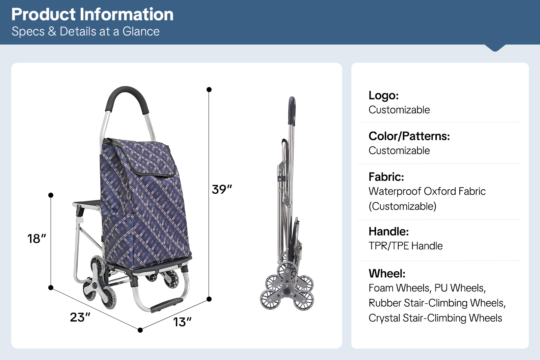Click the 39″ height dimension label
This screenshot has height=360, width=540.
coord(222,189)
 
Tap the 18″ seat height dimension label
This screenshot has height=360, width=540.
coord(37,239)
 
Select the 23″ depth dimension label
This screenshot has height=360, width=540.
coord(80,317)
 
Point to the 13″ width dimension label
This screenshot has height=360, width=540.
coord(182,322)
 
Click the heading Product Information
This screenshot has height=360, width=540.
coord(92,14)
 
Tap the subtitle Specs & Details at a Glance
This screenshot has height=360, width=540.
coord(86,31)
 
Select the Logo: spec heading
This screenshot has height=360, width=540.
coord(383,95)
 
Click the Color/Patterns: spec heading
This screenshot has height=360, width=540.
coord(409,136)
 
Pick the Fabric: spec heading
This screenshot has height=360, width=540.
coord(386,177)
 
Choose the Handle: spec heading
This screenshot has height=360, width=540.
coord(388,231)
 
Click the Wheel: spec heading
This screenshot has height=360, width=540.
coord(387,273)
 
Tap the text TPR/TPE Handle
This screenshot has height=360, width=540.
coord(405,246)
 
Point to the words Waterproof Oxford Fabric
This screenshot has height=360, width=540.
coord(427,191)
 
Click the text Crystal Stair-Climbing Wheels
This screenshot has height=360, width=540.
coord(435,318)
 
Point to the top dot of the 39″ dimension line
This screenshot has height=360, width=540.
coord(209,90)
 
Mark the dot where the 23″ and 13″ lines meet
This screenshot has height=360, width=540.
coord(140,330)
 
